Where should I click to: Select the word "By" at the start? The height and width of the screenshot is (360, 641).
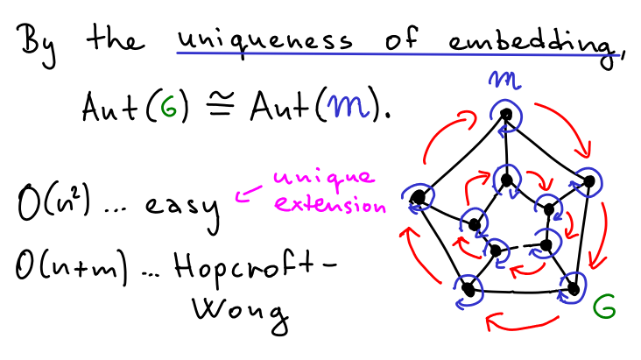36,45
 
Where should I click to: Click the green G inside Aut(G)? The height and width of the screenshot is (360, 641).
168,107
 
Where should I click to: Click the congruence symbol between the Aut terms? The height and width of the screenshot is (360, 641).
221,105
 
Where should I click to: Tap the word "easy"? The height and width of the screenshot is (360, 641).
182,208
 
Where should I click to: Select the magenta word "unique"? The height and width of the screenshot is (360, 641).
324,179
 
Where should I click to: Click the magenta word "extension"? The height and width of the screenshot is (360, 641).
329,204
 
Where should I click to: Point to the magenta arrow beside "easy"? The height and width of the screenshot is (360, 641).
248,193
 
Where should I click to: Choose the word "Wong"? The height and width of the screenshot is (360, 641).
240,313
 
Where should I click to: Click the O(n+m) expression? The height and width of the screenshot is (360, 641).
72,267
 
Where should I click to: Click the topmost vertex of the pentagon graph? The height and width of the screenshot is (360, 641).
506,115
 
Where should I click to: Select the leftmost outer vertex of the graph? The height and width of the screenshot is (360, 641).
418,198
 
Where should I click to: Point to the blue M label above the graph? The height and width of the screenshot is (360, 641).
504,80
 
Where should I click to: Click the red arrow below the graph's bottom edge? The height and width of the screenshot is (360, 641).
520,323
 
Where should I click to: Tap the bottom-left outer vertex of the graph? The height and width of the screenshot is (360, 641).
469,290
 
